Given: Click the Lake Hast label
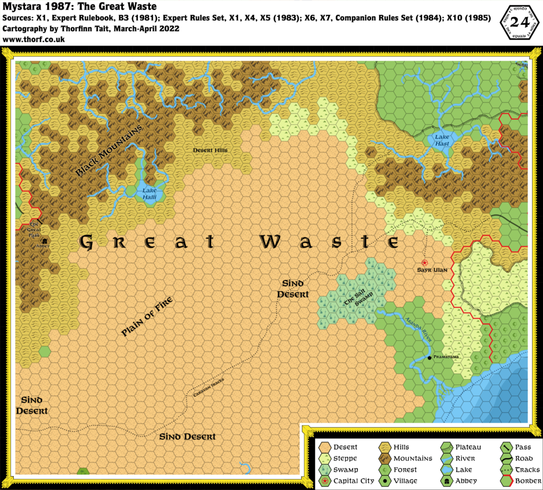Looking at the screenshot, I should point(442,140).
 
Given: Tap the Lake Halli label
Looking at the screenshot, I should point(148,192).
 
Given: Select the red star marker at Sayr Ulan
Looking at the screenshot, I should point(424,262).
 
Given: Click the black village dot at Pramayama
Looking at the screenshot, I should point(430,357).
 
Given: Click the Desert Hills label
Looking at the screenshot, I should point(210,151).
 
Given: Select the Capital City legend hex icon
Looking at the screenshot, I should point(324,480).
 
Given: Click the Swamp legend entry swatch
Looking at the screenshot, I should point(324,469).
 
